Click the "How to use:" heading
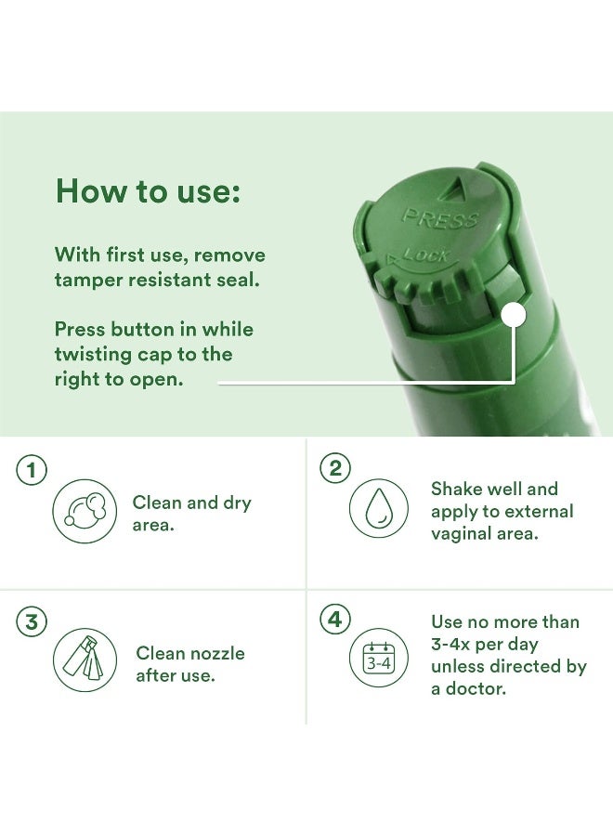148,190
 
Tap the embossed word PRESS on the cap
440,218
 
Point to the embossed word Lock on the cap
426,255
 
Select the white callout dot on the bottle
514,315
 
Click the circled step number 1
32,470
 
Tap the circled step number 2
335,468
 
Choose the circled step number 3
32,621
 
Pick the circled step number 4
335,619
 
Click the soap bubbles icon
85,511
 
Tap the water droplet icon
378,508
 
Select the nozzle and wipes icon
85,660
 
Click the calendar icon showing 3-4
378,658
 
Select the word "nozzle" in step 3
217,653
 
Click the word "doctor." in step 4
476,688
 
